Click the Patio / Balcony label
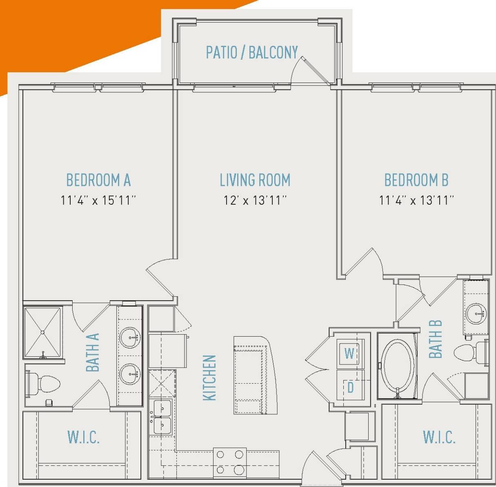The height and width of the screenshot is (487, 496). click(251, 52)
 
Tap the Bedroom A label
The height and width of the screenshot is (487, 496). click(98, 180)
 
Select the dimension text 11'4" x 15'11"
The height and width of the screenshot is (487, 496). click(98, 200)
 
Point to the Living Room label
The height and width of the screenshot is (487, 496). click(255, 180)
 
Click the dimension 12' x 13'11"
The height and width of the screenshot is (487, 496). click(255, 200)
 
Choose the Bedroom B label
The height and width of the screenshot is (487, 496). click(416, 180)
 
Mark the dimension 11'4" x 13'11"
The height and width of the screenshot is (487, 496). click(416, 200)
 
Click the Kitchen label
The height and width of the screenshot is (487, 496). click(209, 378)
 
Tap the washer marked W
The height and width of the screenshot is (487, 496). click(349, 353)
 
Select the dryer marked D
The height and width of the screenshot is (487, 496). click(350, 386)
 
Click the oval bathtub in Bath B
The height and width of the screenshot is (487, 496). click(397, 365)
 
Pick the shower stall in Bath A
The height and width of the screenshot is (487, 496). click(43, 331)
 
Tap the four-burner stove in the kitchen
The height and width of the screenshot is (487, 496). click(229, 462)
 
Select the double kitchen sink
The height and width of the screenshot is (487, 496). click(162, 417)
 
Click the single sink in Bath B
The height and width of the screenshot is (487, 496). click(476, 313)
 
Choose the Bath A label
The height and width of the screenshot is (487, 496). click(93, 352)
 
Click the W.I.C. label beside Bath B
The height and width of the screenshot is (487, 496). click(439, 437)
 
